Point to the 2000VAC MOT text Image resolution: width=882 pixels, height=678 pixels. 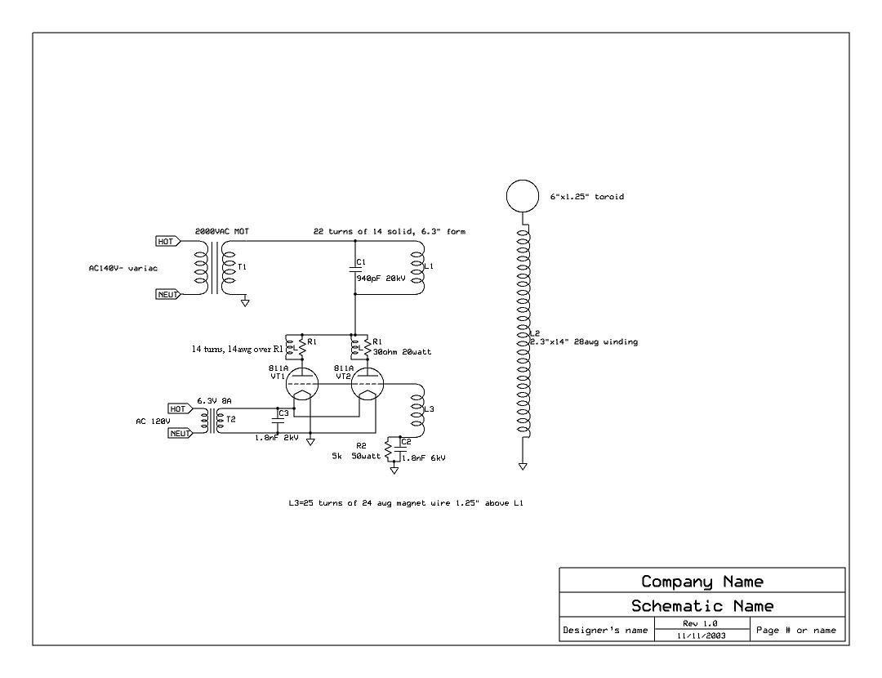pos(222,232)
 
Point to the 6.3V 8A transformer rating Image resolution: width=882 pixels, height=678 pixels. pos(215,401)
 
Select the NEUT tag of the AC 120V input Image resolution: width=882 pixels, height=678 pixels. pos(180,434)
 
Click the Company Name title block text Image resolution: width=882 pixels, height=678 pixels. pos(702,582)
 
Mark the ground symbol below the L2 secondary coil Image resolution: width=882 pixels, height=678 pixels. pos(523,467)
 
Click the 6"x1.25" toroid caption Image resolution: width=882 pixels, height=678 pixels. pos(581,197)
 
